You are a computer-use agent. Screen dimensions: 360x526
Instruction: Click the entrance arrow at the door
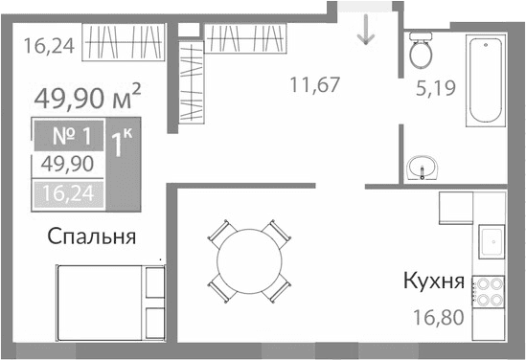coord(365,32)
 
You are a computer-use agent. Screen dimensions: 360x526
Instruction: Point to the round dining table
coord(249,259)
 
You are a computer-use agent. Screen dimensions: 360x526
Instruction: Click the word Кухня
coord(434,282)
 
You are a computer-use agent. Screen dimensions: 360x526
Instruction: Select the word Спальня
coord(89,236)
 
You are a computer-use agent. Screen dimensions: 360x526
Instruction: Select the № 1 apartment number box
coord(67,133)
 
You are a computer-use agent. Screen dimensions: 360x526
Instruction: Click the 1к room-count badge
coord(121,146)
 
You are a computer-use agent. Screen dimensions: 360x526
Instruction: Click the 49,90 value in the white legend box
coord(67,164)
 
